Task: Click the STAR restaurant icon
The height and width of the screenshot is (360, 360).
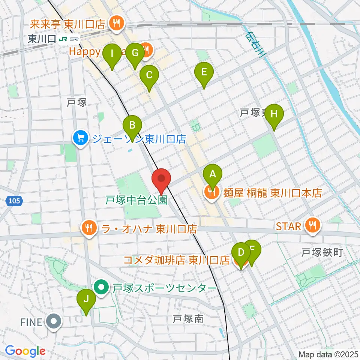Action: click(x=312, y=225)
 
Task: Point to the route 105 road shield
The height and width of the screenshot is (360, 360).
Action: click(x=13, y=201)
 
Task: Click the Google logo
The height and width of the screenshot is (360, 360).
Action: click(x=25, y=351)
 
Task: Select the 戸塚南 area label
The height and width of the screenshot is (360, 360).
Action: click(x=188, y=319)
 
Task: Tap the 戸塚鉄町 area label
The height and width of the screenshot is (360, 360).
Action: click(x=322, y=253)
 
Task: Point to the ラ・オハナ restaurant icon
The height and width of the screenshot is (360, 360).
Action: click(x=89, y=227)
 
